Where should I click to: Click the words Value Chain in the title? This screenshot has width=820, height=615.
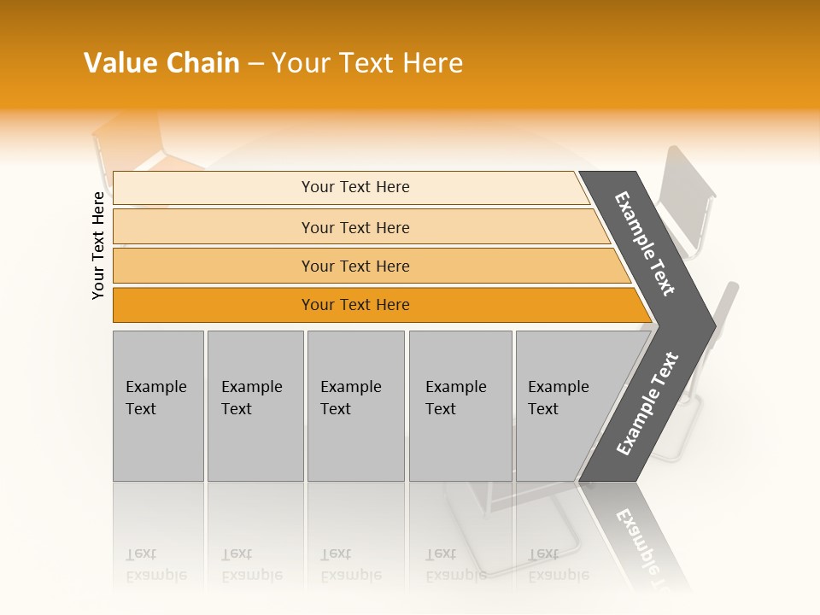(x=161, y=63)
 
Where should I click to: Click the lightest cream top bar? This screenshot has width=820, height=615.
(x=355, y=187)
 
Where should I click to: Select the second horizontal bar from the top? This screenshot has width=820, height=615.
(x=355, y=227)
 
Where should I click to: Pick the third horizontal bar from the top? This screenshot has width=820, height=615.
(x=355, y=266)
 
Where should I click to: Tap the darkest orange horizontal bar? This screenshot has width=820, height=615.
(x=355, y=305)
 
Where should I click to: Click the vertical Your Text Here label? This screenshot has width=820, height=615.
(x=99, y=245)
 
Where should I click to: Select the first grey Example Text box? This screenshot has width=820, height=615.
(x=158, y=406)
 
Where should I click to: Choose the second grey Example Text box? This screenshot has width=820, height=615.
(x=255, y=406)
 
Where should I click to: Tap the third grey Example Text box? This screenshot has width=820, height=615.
(x=355, y=406)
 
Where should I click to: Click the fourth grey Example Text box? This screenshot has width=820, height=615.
(x=460, y=406)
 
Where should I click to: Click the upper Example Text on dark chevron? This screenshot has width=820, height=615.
(x=646, y=243)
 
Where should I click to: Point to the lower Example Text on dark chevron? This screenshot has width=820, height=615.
(x=647, y=403)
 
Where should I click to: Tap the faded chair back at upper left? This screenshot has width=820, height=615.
(x=128, y=149)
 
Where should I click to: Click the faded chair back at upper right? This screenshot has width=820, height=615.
(x=688, y=201)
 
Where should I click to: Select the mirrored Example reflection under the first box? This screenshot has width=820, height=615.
(x=155, y=575)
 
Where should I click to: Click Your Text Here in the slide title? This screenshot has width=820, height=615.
(x=367, y=63)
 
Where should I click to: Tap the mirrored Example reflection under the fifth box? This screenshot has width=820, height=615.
(x=559, y=575)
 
